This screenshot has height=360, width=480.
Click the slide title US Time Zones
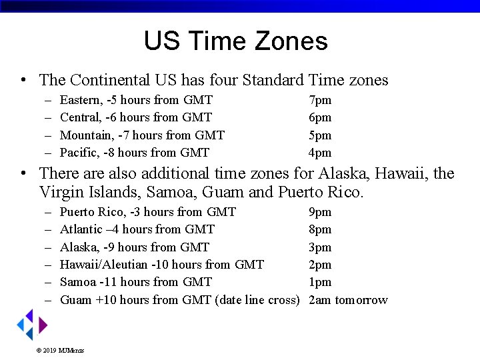point(235,41)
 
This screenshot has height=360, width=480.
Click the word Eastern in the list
point(81,100)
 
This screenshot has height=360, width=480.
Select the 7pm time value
point(320,100)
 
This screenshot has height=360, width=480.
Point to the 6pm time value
point(320,117)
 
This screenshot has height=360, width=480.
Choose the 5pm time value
point(320,135)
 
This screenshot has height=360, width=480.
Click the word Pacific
point(78,153)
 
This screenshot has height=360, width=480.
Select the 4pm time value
point(320,153)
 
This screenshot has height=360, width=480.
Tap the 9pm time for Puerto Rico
point(320,212)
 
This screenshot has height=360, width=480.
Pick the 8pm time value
point(320,229)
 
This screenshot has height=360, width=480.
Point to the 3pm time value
point(320,247)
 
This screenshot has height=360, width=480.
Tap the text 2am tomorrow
point(348,300)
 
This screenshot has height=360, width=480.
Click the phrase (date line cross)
point(257,300)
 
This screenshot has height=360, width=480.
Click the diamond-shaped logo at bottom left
point(31,325)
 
